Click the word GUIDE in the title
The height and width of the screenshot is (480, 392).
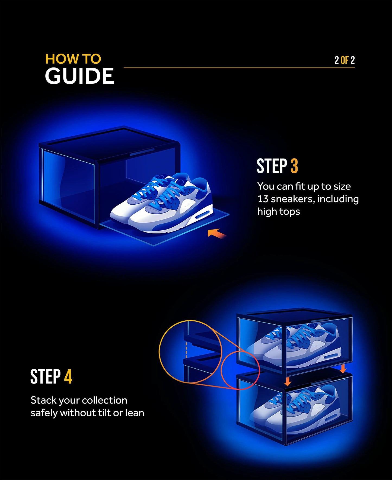coord(79,76)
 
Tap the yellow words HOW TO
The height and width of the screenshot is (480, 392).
coord(73,59)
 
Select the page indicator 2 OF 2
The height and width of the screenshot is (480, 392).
coord(344,60)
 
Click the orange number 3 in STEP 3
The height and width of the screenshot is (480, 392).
coord(294,166)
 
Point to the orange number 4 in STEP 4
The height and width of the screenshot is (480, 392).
coord(68,377)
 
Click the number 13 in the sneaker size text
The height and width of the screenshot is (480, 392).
coord(263,199)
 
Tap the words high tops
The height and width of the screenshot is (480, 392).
coord(279,212)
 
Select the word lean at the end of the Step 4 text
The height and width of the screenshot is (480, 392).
coord(134,413)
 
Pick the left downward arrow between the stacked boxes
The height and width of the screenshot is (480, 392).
coord(288,382)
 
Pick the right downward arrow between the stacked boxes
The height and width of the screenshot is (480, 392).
coord(343,368)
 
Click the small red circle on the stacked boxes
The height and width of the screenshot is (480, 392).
coord(240,370)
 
